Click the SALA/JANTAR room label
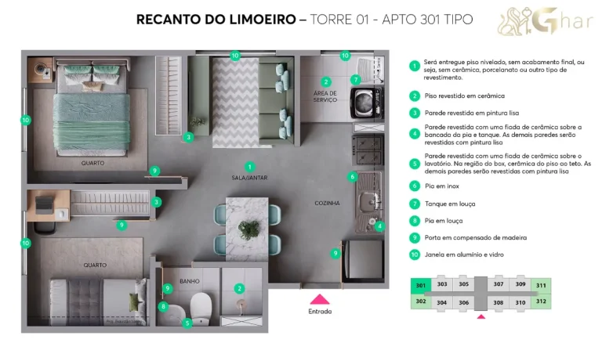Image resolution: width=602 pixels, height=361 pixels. [x=249, y=179]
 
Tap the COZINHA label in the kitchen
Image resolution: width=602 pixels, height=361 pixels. [x=327, y=203]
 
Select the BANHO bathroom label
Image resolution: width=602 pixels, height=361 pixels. [x=189, y=280]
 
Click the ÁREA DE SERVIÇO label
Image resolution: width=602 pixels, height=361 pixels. [x=325, y=96]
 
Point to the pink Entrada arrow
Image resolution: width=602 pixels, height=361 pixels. [x=319, y=298]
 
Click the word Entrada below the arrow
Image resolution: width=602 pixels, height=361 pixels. [x=319, y=312]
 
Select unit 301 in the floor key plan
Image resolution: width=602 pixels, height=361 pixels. [x=421, y=285]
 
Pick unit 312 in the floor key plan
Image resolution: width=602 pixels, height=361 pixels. [x=541, y=301]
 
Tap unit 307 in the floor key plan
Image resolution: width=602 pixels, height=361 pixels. [x=498, y=284]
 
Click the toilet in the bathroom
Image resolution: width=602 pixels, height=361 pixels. [x=201, y=304]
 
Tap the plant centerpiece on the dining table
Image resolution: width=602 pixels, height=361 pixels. [x=249, y=229]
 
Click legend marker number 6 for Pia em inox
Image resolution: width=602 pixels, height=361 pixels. [x=415, y=186]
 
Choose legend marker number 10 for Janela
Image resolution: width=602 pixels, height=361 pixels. [x=415, y=255]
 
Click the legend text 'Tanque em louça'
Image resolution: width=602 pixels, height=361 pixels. [x=450, y=204]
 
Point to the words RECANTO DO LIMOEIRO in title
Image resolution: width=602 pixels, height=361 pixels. [x=215, y=20]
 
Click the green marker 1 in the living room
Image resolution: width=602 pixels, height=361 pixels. [x=249, y=167]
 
